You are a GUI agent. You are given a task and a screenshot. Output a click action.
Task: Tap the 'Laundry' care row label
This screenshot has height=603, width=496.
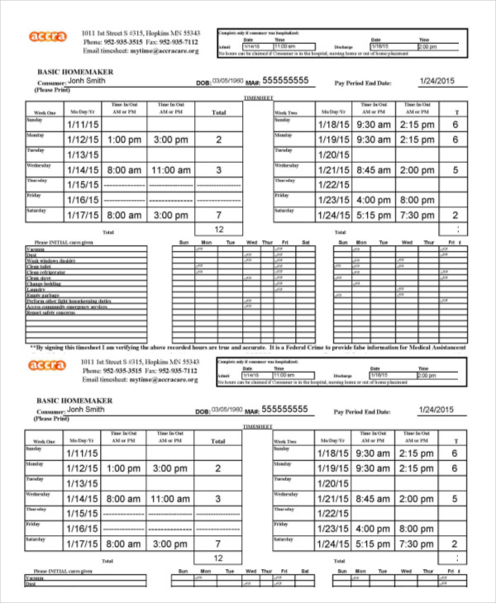[36, 289]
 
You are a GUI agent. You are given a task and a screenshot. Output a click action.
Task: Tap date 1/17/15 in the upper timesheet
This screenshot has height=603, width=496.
[83, 216]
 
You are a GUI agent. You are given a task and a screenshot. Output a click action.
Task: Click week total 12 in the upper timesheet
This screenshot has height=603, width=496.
[218, 230]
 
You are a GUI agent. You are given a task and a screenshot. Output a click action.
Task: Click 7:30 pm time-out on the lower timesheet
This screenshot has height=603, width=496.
[417, 544]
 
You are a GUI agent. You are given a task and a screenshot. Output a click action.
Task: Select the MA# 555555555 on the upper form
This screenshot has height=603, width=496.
[285, 81]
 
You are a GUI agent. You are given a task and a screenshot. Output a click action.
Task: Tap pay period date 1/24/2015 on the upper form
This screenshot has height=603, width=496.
[437, 81]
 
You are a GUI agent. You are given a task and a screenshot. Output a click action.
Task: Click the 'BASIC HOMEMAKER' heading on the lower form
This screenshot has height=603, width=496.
[74, 400]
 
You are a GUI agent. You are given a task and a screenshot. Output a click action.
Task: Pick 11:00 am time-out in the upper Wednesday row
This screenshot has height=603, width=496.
[171, 169]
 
